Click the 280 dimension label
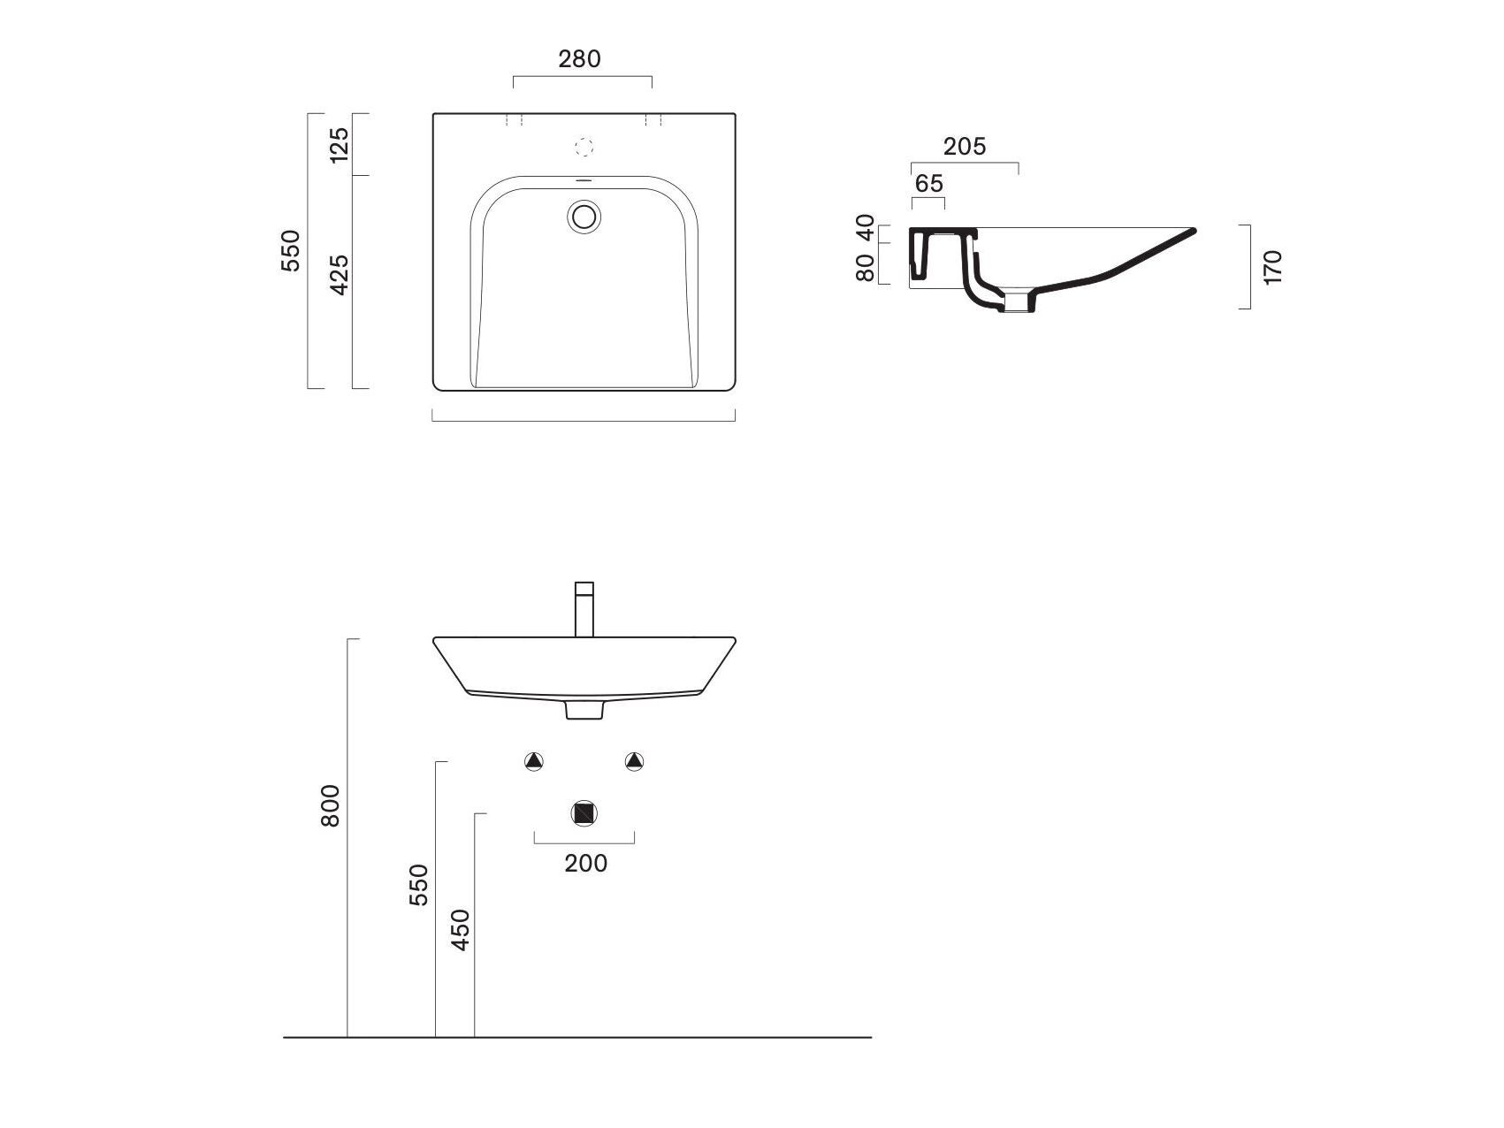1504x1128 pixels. click(579, 58)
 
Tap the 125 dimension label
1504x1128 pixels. click(339, 144)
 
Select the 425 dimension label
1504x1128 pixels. click(339, 274)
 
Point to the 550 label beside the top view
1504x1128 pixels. click(291, 250)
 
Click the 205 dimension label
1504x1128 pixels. click(964, 147)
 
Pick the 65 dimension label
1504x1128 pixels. click(928, 184)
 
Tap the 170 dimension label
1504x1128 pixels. click(1272, 267)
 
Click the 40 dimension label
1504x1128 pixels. click(866, 228)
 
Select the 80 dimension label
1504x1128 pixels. click(866, 268)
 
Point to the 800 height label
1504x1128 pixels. click(330, 805)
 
